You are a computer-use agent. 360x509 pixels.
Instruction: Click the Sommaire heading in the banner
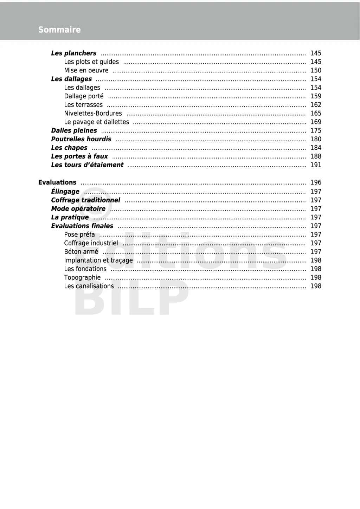[x=59, y=30]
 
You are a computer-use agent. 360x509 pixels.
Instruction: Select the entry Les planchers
[x=73, y=53]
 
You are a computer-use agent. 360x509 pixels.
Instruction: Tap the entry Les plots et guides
[x=91, y=62]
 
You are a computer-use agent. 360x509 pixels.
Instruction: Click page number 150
[x=316, y=70]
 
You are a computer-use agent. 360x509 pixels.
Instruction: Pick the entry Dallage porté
[x=84, y=96]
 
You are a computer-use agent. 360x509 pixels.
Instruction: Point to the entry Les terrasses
[x=83, y=105]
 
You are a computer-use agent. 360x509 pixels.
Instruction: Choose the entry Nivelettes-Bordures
[x=93, y=114]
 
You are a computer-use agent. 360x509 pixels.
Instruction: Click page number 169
[x=316, y=122]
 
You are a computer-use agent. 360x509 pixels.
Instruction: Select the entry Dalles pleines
[x=74, y=131]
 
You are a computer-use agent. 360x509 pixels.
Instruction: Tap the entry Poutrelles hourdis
[x=81, y=139]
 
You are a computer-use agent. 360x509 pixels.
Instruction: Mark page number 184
[x=316, y=148]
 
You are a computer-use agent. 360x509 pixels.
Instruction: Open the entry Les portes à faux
[x=79, y=156]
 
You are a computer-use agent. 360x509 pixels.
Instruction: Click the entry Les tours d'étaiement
[x=87, y=165]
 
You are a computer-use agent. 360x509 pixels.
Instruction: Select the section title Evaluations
[x=57, y=182]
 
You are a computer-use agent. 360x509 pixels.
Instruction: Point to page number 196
[x=316, y=182]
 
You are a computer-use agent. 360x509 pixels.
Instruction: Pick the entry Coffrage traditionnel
[x=85, y=200]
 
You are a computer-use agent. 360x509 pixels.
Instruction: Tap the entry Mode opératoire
[x=78, y=209]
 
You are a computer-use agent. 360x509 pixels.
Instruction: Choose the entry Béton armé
[x=81, y=252]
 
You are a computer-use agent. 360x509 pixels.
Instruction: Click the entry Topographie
[x=82, y=278]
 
